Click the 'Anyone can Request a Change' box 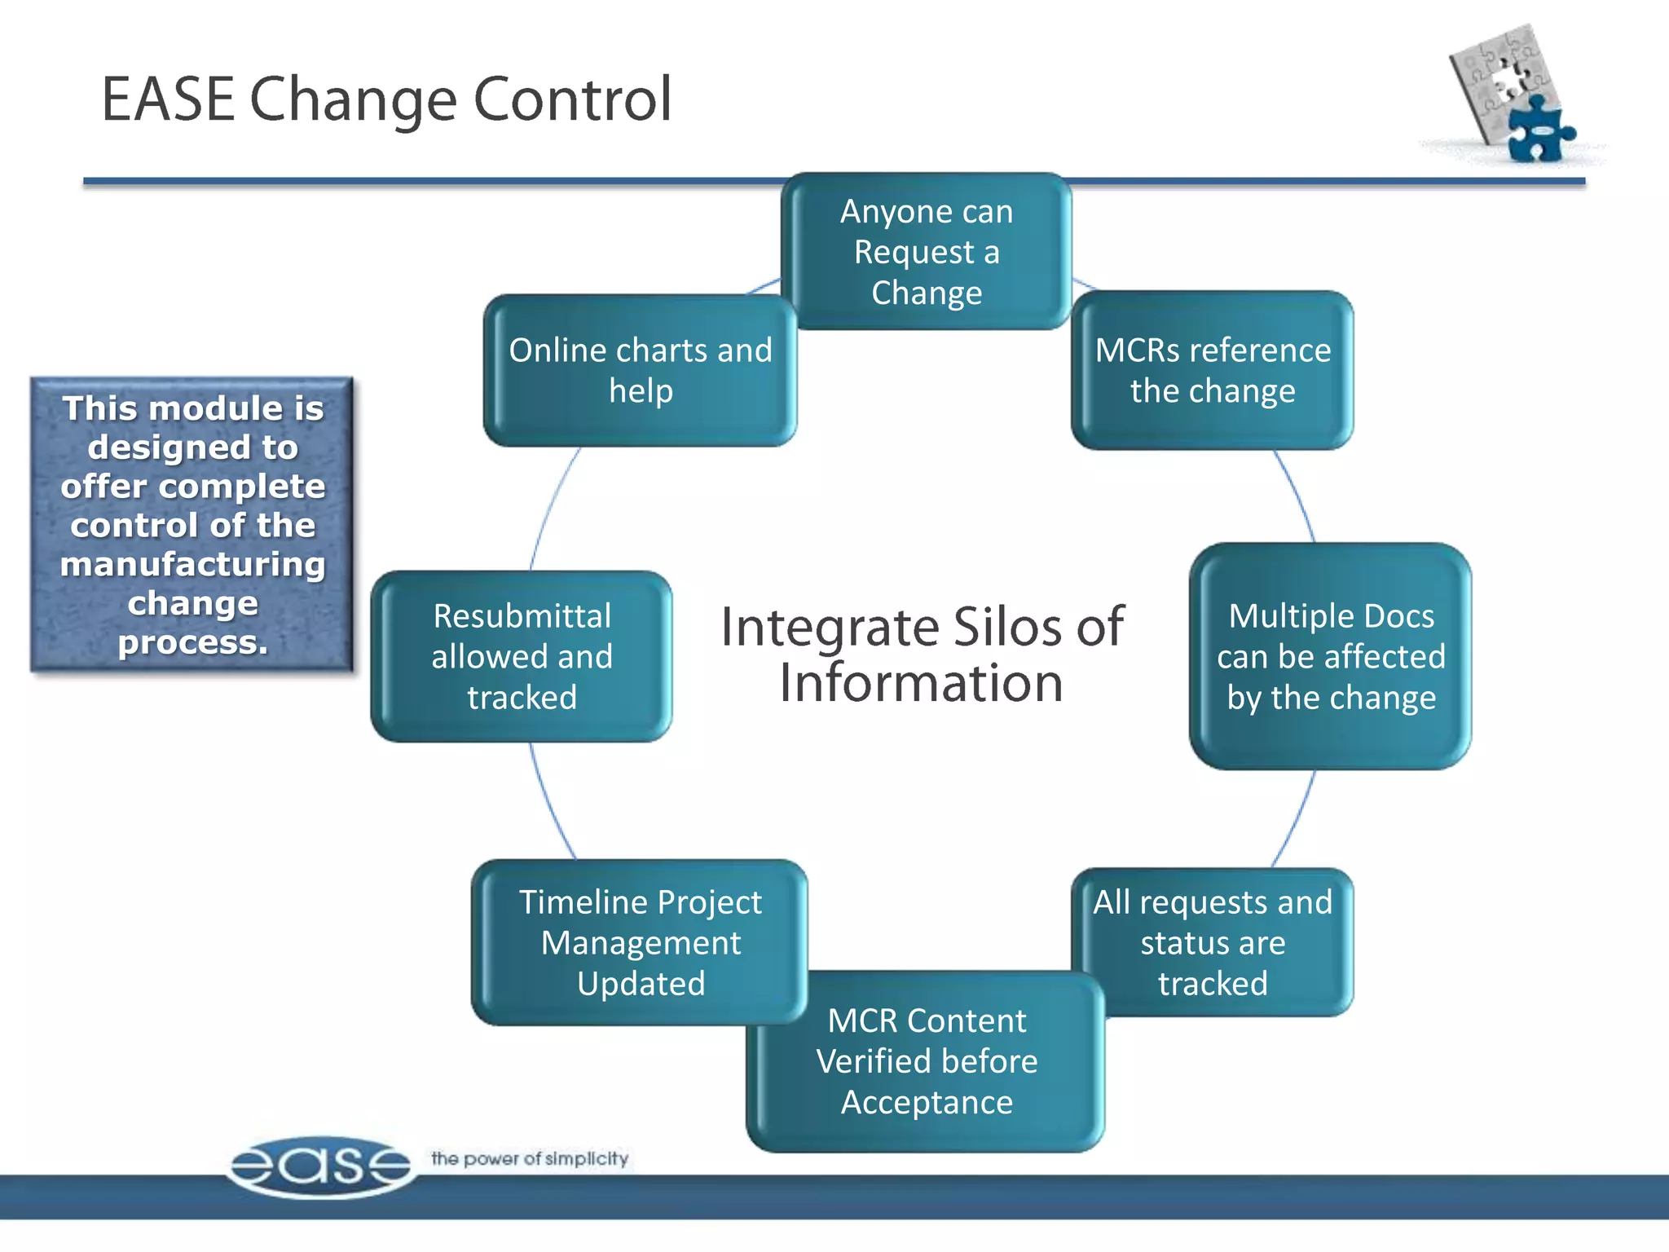(926, 251)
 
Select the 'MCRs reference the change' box (1212, 370)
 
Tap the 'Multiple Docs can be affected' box (1330, 656)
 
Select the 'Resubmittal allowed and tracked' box (522, 656)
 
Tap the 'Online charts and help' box (640, 370)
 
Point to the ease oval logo (320, 1166)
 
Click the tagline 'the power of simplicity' (530, 1158)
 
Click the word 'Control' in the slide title (573, 99)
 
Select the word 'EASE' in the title (168, 99)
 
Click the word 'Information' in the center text (921, 683)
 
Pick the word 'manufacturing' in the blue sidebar (192, 564)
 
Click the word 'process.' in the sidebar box (192, 642)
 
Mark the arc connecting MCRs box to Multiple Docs (1297, 493)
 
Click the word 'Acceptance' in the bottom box (927, 1103)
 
